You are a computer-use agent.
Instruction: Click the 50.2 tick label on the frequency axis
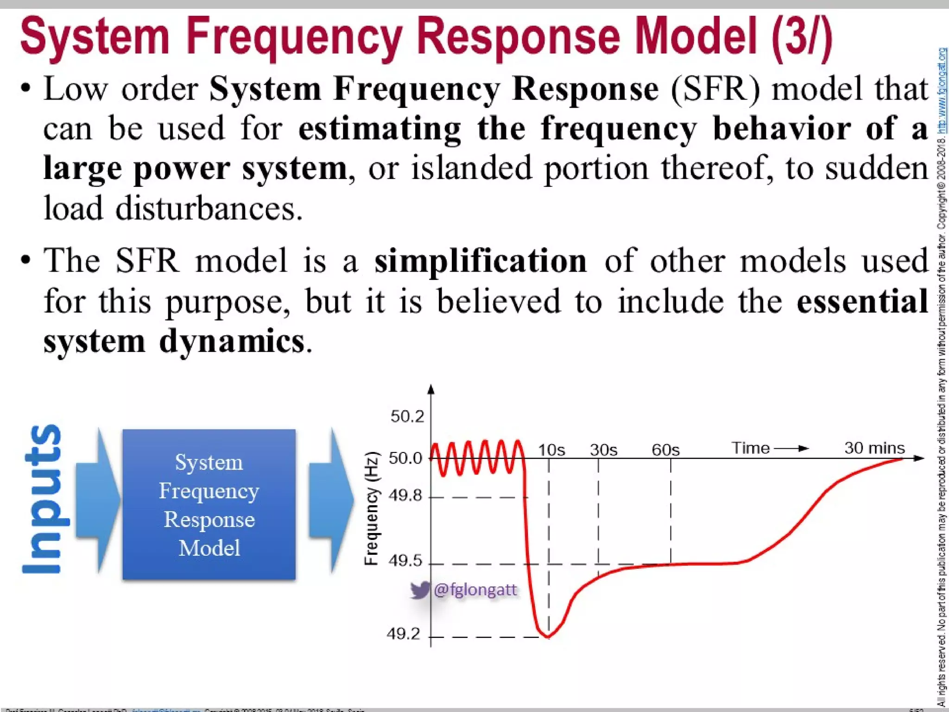point(407,417)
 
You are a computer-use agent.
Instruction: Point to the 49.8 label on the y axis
point(405,496)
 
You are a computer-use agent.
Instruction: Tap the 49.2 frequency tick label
point(403,634)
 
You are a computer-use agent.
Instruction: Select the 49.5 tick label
point(405,561)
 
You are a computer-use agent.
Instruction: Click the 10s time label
point(551,450)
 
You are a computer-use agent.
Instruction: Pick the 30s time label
point(603,450)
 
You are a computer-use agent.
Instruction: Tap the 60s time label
point(665,450)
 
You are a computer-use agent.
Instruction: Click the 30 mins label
point(874,448)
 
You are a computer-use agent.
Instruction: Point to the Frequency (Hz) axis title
point(372,509)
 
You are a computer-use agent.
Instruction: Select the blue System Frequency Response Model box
point(209,504)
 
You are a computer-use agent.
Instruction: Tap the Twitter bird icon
point(420,590)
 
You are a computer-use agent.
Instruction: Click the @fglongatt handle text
point(475,590)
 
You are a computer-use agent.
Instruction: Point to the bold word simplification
point(481,261)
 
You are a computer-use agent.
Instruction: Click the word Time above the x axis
point(750,448)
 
